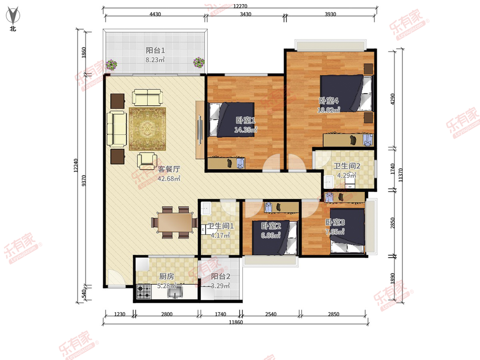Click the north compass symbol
(x=13, y=15)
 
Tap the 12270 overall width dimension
(x=240, y=6)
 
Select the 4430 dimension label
(x=155, y=14)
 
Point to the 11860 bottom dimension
(x=236, y=322)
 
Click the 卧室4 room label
(x=329, y=101)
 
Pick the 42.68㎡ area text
(x=169, y=178)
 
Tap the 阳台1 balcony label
(x=155, y=50)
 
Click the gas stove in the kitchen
(x=144, y=292)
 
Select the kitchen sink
(x=175, y=292)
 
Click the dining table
(x=175, y=222)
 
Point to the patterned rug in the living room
(x=147, y=129)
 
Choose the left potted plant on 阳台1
(x=112, y=65)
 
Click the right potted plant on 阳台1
(x=199, y=62)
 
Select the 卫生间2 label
(x=347, y=166)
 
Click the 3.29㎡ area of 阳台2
(x=220, y=286)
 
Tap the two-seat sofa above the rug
(x=147, y=98)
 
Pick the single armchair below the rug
(x=147, y=161)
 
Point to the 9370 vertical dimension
(x=84, y=180)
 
